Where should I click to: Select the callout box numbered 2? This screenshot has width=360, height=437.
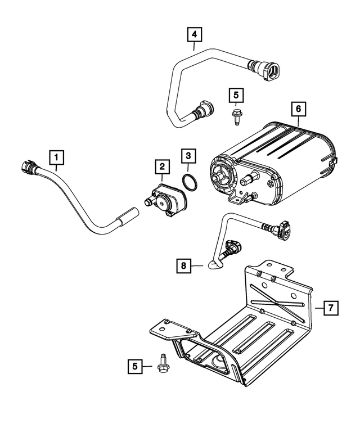(x=161, y=166)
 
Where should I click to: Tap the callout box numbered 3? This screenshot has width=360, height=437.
(x=189, y=155)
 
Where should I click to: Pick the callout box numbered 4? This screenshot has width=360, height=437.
(x=194, y=35)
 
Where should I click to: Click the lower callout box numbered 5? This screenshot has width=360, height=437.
(x=134, y=367)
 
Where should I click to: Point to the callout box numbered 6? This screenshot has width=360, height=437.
(x=298, y=108)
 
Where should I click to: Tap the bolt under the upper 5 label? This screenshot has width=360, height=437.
(x=235, y=118)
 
